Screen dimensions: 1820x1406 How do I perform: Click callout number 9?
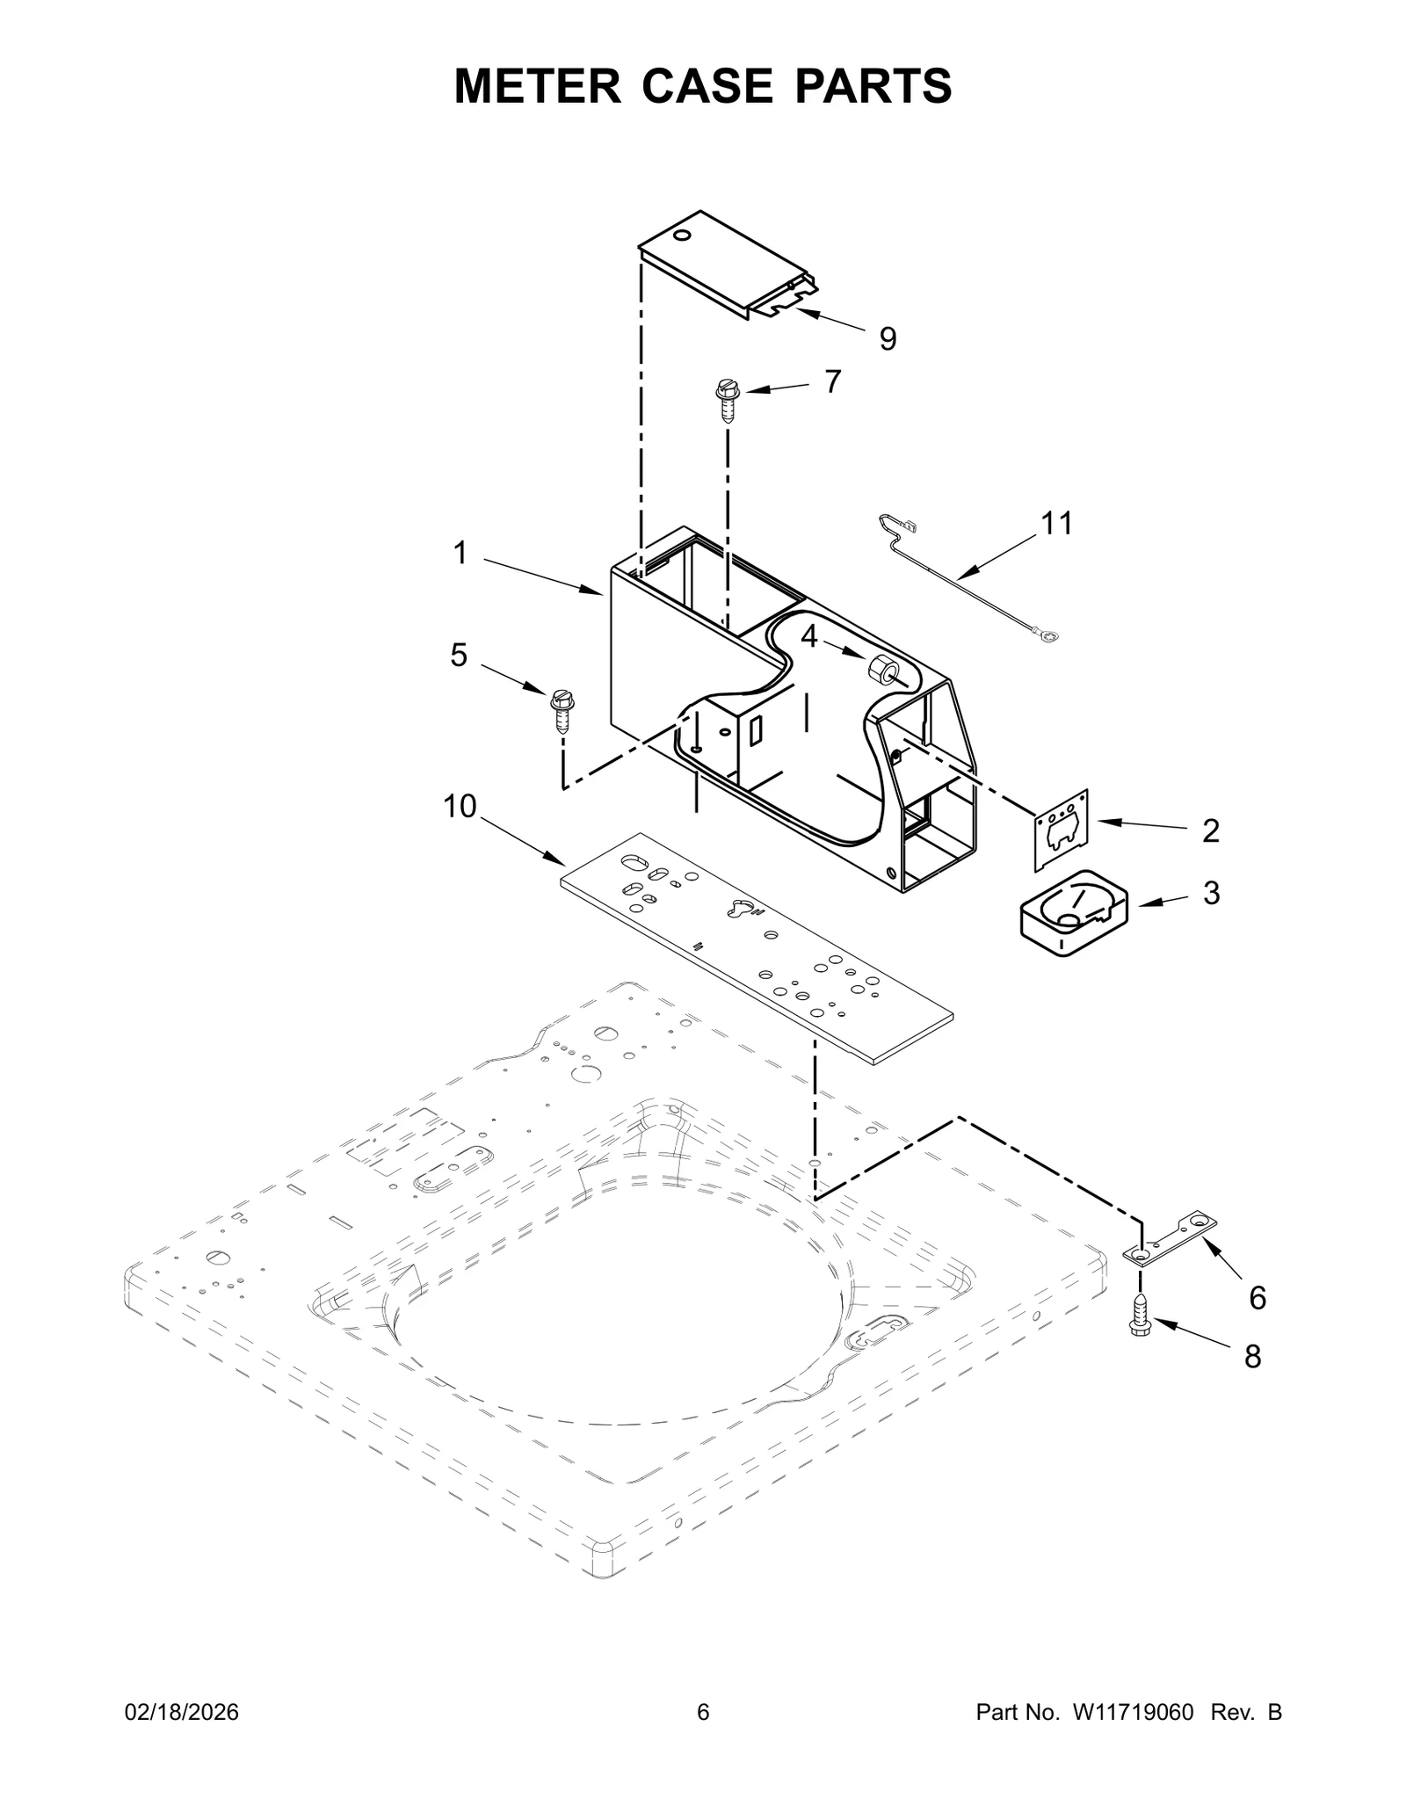tap(888, 339)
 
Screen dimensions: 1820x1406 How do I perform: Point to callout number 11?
tap(1056, 524)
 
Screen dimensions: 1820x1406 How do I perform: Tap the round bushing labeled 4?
tap(881, 671)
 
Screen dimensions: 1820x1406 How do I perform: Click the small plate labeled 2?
tap(1062, 828)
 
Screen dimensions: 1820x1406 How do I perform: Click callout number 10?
tap(460, 806)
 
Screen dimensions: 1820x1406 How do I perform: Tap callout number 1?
tap(460, 554)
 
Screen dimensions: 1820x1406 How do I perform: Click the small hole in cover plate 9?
tap(681, 236)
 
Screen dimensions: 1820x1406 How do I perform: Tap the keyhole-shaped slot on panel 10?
tap(741, 908)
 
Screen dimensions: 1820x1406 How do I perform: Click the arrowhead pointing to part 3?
tap(1143, 903)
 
